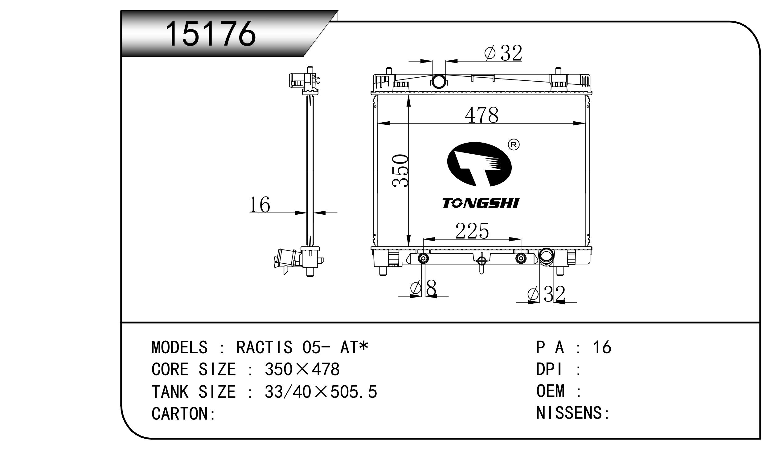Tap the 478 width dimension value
[482, 115]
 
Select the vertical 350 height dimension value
[400, 171]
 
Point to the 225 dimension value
[472, 231]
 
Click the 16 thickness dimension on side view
[260, 205]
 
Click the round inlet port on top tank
[439, 81]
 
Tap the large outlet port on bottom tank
[546, 256]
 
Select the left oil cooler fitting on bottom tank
[423, 258]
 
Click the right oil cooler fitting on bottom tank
[521, 258]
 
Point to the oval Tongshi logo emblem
[479, 164]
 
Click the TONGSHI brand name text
[481, 203]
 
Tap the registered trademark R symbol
[514, 145]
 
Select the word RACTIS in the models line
[264, 347]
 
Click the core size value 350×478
[302, 369]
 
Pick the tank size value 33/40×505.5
[321, 391]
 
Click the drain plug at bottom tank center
[482, 264]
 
